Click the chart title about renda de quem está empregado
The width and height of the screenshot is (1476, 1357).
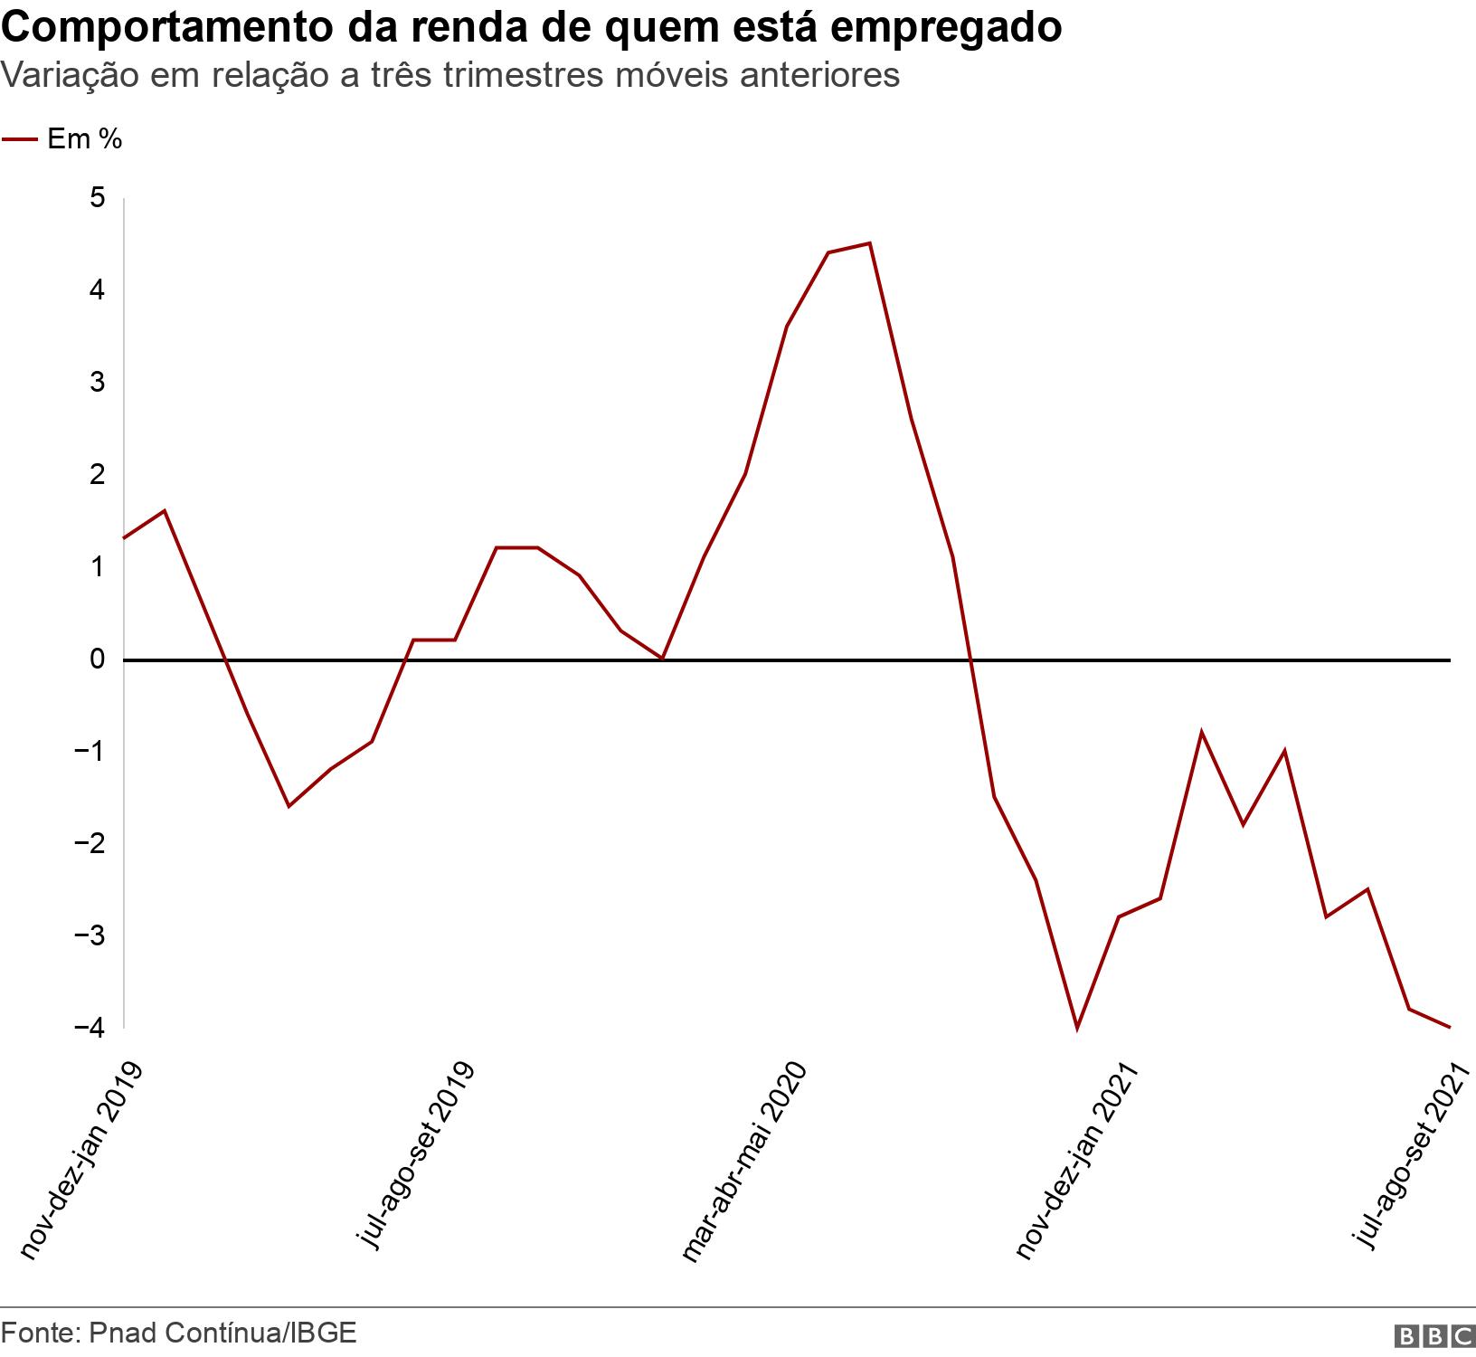click(x=531, y=27)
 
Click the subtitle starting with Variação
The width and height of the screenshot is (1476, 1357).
click(x=450, y=75)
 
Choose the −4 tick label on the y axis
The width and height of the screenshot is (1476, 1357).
click(x=92, y=1028)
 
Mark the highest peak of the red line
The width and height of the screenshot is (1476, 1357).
click(x=869, y=243)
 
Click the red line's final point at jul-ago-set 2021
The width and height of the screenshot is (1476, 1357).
click(x=1450, y=1027)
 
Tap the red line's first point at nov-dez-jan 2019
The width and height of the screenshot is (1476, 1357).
click(x=124, y=538)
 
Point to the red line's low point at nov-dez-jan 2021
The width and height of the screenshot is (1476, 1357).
click(x=1076, y=1029)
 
